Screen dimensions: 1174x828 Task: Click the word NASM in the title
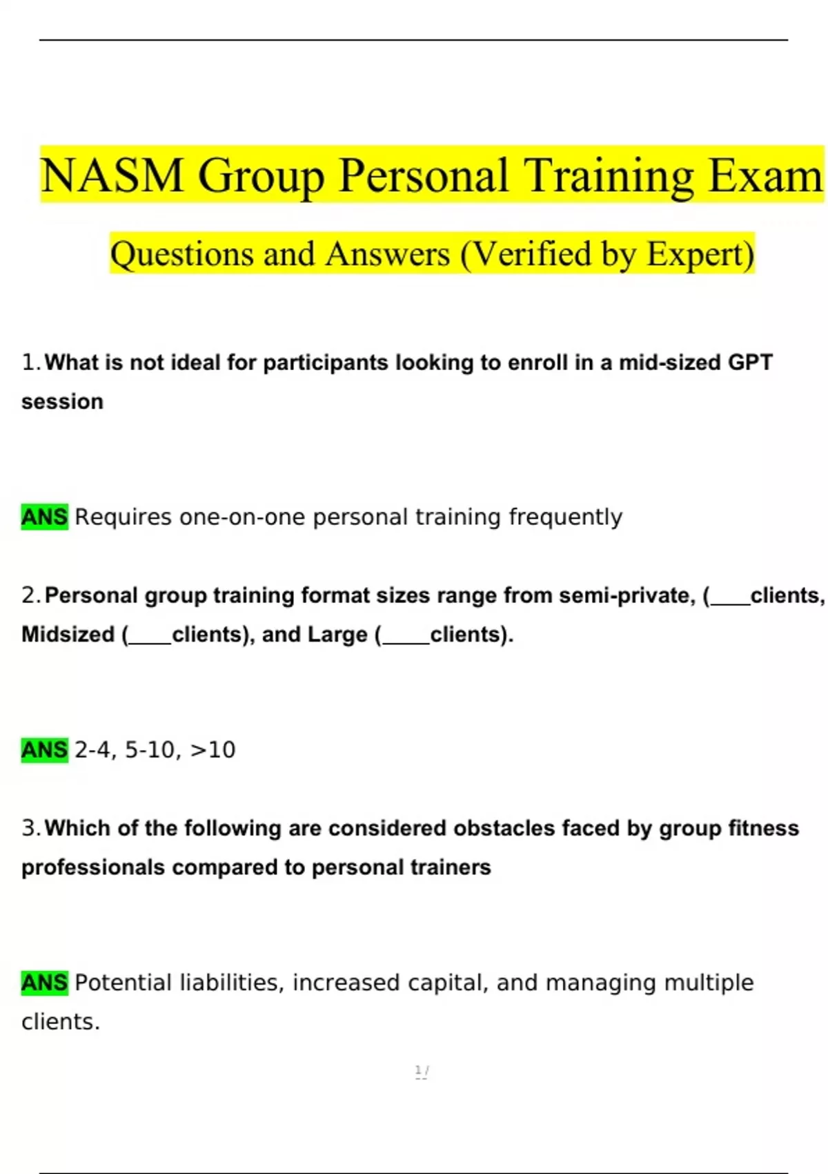tap(112, 175)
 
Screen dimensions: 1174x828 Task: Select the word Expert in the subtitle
tap(700, 254)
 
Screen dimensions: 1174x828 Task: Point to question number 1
tap(31, 363)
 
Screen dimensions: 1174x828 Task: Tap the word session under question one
tap(62, 402)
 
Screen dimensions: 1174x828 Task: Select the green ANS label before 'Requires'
tap(45, 517)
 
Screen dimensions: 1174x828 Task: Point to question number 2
tap(31, 595)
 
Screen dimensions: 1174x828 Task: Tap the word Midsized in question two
tap(68, 635)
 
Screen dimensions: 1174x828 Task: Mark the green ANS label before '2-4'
tap(45, 749)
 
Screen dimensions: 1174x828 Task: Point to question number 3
tap(31, 828)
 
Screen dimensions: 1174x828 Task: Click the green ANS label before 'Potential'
tap(45, 982)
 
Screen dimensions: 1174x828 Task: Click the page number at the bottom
tap(421, 1071)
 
